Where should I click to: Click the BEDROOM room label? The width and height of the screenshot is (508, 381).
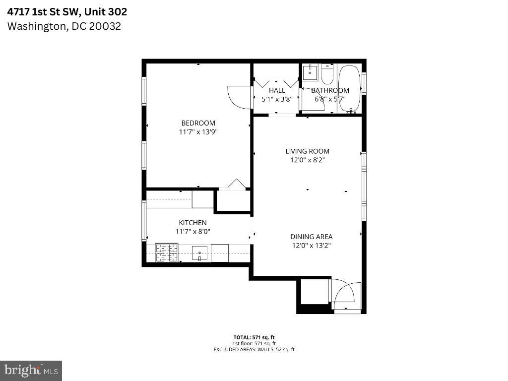(198, 123)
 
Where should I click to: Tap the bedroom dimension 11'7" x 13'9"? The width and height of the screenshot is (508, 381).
(198, 132)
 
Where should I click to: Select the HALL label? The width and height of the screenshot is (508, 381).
(277, 90)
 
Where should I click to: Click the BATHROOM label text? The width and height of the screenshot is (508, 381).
(330, 90)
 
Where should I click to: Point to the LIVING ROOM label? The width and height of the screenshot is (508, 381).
(307, 151)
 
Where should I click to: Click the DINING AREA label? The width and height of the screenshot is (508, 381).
(311, 237)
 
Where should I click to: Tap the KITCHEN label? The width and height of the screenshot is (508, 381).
(192, 223)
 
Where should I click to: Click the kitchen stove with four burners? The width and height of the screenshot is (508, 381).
(166, 253)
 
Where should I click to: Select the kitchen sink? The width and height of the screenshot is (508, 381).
(200, 253)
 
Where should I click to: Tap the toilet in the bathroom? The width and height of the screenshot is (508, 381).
(327, 74)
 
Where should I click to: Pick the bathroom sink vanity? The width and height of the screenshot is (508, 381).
(311, 73)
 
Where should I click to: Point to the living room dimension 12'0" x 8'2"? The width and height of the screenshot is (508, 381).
(307, 160)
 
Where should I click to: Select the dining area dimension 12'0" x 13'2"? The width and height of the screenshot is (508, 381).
(311, 246)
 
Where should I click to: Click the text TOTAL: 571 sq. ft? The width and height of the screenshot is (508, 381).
(254, 337)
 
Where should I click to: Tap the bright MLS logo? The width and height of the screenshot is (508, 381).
(31, 370)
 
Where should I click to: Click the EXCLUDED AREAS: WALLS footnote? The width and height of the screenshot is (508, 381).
(254, 349)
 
